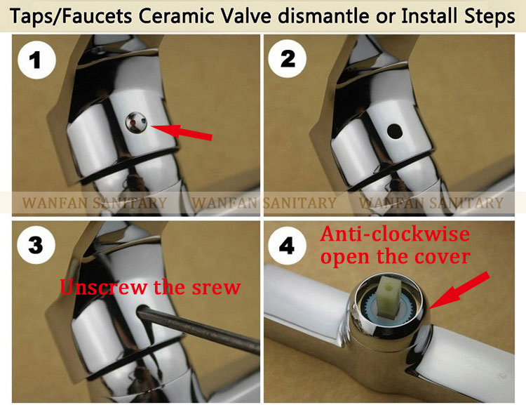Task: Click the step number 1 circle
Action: (x=36, y=60)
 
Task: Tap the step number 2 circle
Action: (x=288, y=59)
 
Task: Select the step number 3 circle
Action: (x=36, y=245)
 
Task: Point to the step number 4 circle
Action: (x=287, y=245)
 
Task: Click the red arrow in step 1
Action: (x=182, y=131)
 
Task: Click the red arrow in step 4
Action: (x=459, y=290)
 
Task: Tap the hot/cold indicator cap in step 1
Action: (x=136, y=123)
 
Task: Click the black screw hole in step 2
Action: (x=394, y=131)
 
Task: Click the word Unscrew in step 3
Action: (x=103, y=287)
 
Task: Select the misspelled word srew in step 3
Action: (x=216, y=288)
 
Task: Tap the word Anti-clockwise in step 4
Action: (x=395, y=234)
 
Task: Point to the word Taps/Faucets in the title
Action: (x=71, y=16)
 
